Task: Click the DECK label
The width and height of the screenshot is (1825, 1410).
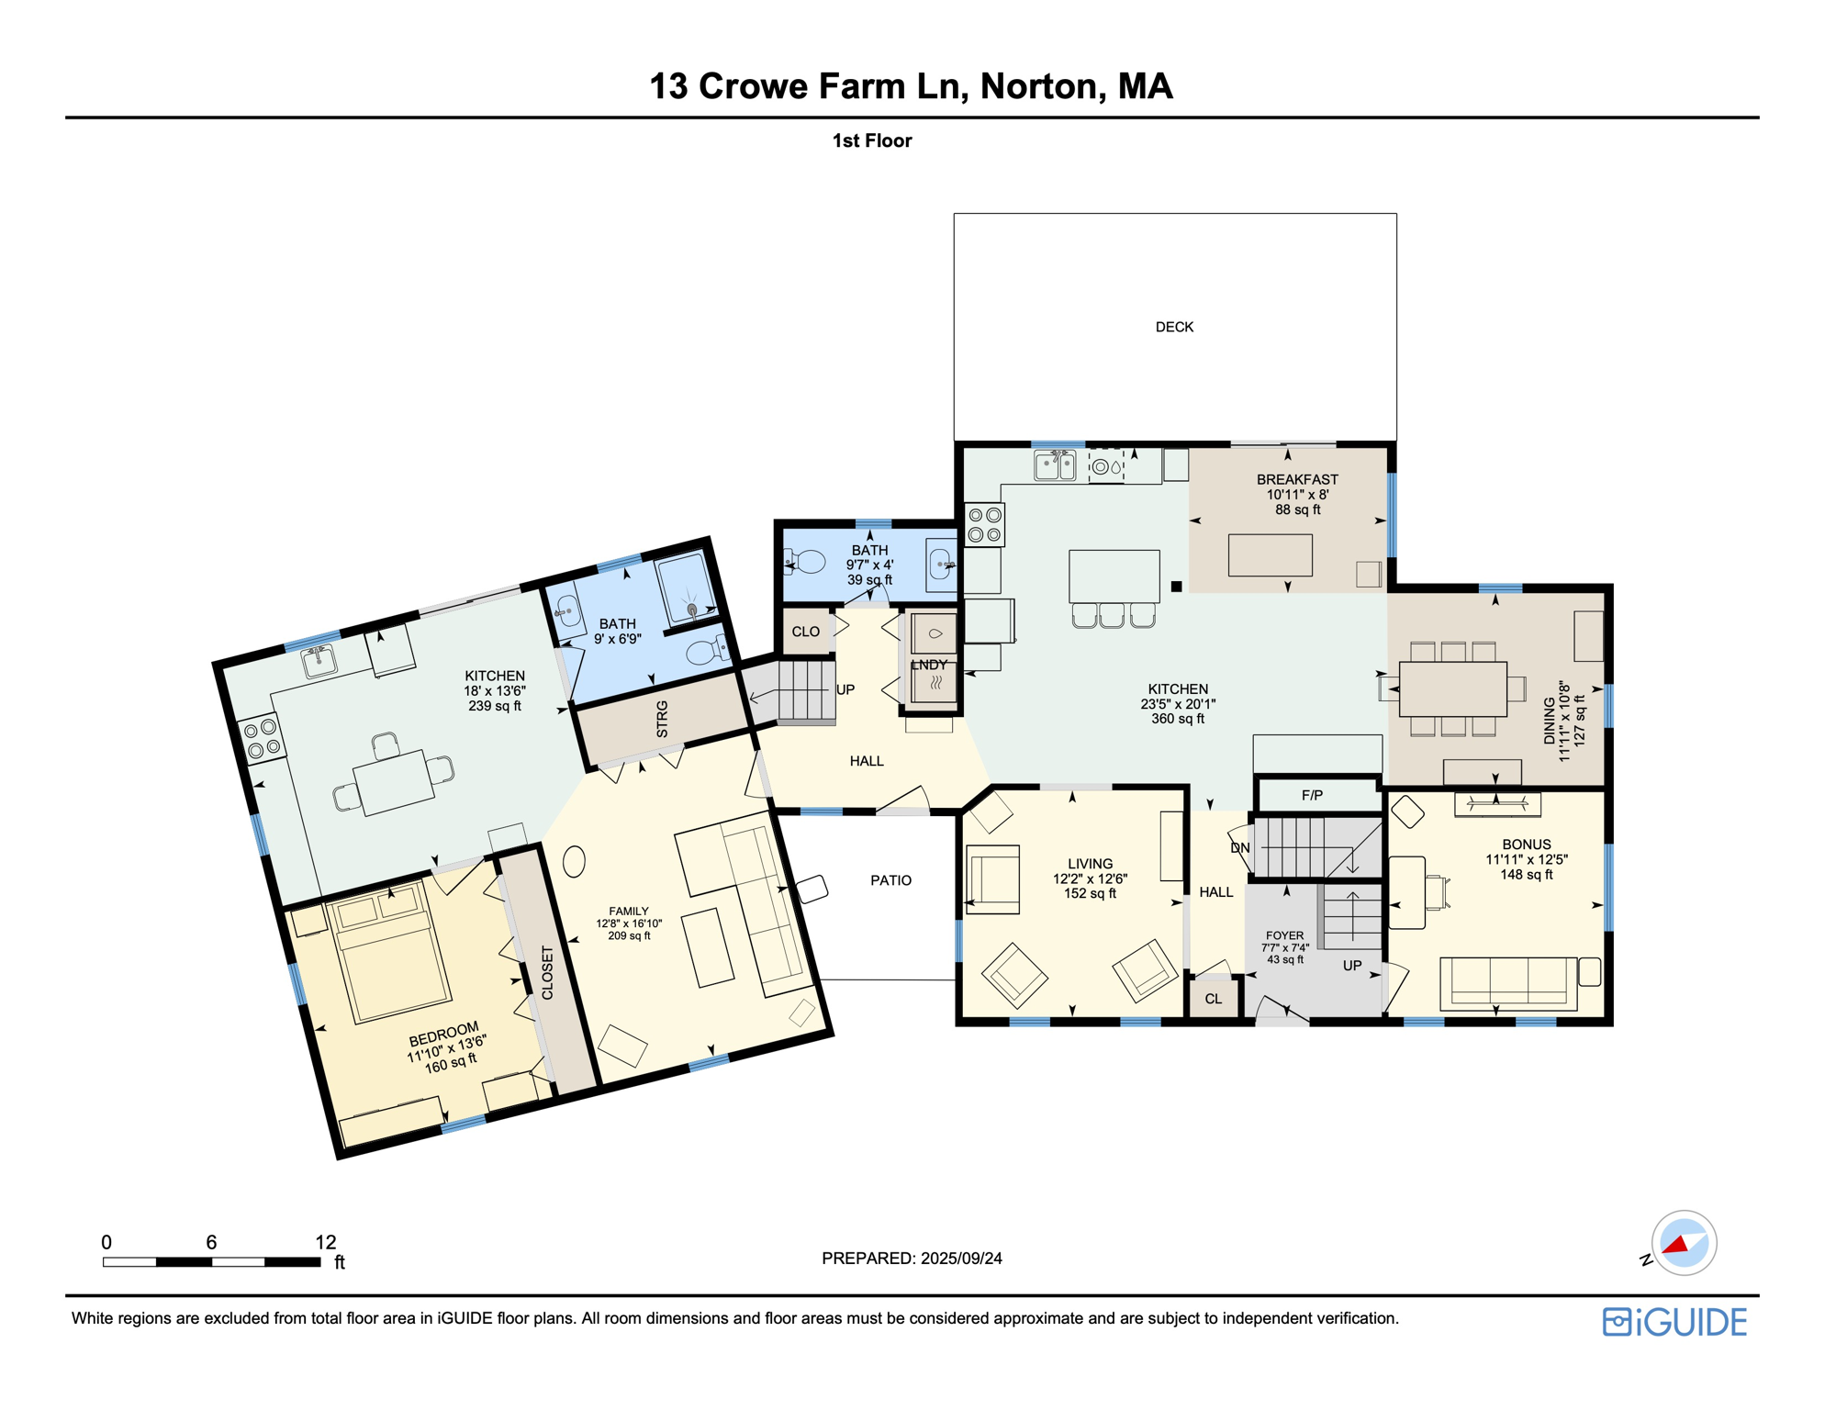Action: (1173, 327)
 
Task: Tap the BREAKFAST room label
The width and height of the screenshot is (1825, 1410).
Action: (1296, 479)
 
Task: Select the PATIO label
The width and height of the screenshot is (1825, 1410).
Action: (890, 880)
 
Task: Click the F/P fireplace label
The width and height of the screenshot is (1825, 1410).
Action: (1312, 795)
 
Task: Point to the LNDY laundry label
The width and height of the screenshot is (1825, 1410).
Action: (928, 665)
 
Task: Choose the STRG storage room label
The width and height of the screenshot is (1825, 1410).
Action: (662, 719)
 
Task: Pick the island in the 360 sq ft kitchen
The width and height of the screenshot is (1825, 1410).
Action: (1114, 576)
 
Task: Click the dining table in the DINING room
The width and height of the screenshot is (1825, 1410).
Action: (1452, 688)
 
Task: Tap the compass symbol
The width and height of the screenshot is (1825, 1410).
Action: (1683, 1243)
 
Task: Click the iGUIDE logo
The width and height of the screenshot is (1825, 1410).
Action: (1674, 1322)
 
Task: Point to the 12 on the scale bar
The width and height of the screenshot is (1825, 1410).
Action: (325, 1242)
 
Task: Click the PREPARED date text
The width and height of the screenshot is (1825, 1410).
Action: (911, 1259)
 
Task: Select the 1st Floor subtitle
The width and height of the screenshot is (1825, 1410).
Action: (871, 140)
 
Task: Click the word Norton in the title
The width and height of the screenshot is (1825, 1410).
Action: (1038, 86)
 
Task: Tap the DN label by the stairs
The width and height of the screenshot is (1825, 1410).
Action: (1239, 847)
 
